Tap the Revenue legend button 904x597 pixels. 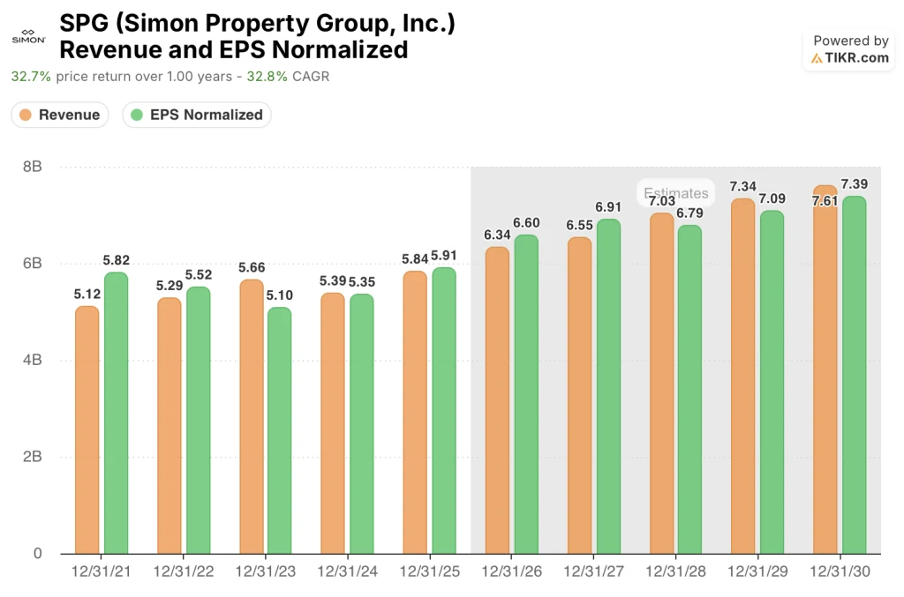pyautogui.click(x=60, y=115)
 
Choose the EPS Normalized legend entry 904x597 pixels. pyautogui.click(x=197, y=115)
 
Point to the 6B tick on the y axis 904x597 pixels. pyautogui.click(x=31, y=264)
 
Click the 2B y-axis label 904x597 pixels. pyautogui.click(x=31, y=457)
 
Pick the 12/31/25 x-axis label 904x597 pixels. pyautogui.click(x=430, y=572)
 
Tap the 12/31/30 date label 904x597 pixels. pyautogui.click(x=840, y=572)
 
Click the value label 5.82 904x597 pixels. pyautogui.click(x=116, y=260)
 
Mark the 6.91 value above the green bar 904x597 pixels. pyautogui.click(x=608, y=207)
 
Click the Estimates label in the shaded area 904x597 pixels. pyautogui.click(x=676, y=193)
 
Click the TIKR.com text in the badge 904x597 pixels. pyautogui.click(x=857, y=58)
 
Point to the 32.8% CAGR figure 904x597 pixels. pyautogui.click(x=267, y=77)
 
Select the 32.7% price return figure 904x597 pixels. pyautogui.click(x=31, y=77)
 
